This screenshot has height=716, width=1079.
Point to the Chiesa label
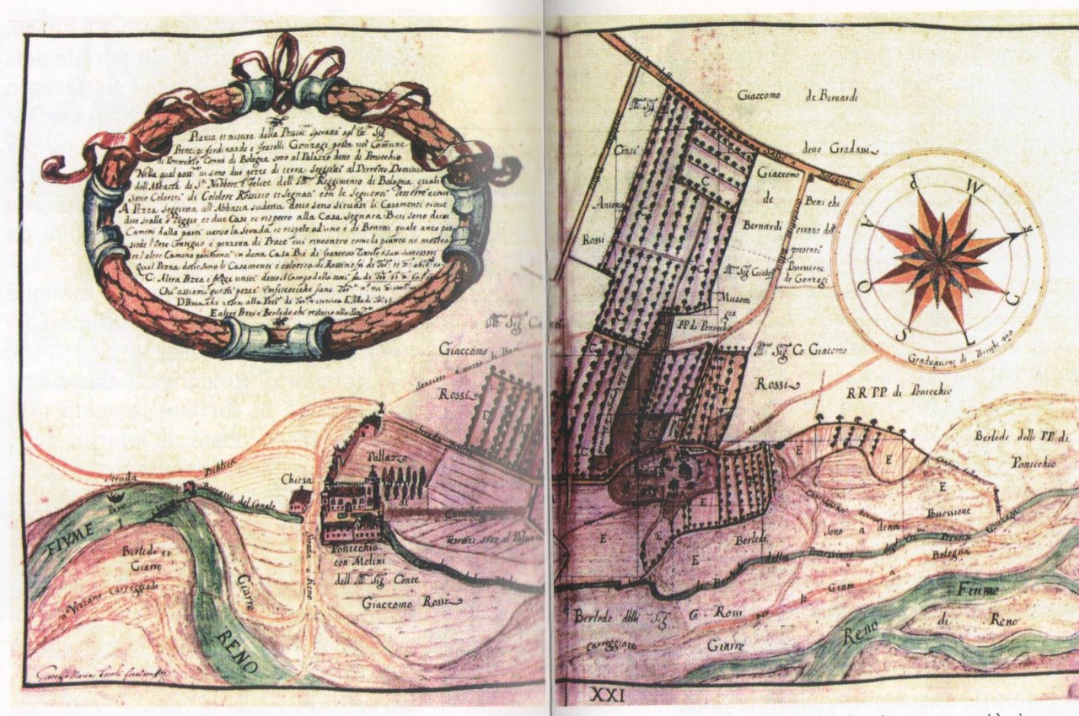(x=298, y=478)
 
